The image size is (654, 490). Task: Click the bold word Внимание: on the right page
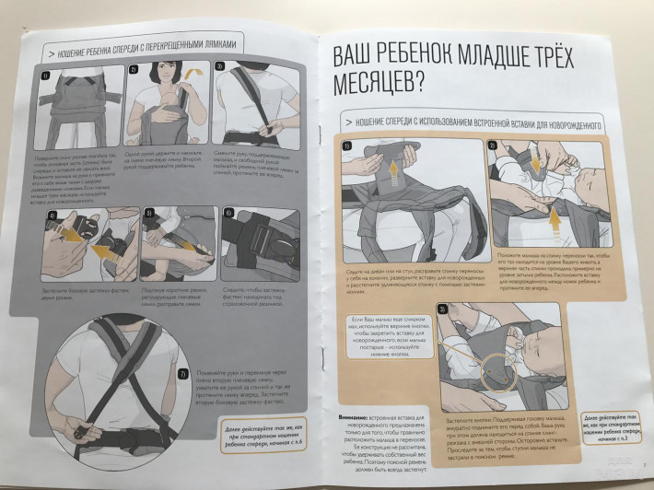(355, 417)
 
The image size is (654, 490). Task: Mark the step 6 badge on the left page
(228, 213)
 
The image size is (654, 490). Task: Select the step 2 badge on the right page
(492, 146)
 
